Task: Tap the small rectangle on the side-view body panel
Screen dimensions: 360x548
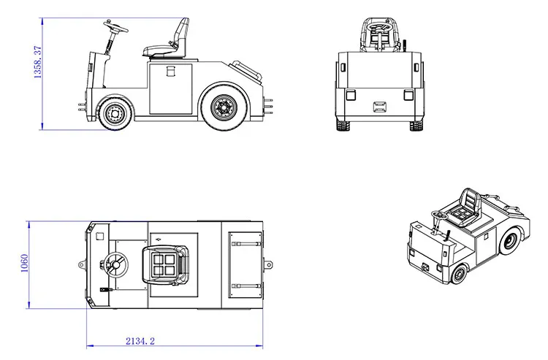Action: [x=172, y=72]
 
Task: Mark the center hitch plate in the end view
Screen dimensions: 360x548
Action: [x=380, y=107]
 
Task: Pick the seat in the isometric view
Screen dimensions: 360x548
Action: [x=467, y=209]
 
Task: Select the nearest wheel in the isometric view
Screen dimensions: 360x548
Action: [x=458, y=275]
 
